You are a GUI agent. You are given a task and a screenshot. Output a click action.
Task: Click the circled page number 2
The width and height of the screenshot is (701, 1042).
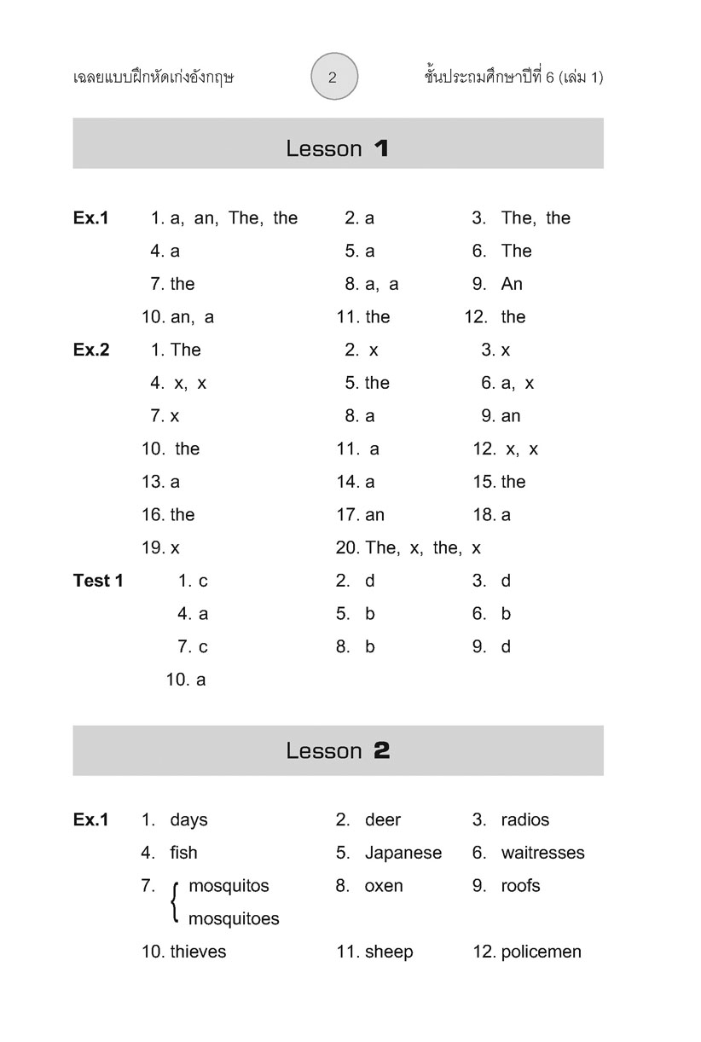point(333,77)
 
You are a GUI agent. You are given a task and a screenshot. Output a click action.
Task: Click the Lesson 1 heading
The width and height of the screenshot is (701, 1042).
point(338,148)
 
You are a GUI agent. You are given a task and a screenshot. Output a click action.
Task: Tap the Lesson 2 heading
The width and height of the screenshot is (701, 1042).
point(338,750)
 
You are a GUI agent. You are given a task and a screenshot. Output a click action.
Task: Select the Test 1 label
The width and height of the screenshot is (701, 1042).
point(98,581)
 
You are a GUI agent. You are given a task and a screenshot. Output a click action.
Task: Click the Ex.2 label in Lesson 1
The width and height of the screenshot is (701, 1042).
point(91,350)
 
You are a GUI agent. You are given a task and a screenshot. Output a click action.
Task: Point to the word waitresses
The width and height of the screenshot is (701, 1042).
point(542,853)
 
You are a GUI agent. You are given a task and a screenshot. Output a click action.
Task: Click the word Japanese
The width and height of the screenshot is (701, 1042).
point(403,853)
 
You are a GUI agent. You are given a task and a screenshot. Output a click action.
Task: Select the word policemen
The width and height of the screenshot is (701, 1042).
point(541,952)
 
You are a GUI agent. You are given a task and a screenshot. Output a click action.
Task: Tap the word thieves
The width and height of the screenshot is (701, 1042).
point(198,952)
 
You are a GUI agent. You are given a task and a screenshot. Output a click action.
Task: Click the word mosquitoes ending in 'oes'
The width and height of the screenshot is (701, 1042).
point(234,919)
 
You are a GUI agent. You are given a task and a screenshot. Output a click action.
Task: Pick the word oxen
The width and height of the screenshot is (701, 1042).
point(383,886)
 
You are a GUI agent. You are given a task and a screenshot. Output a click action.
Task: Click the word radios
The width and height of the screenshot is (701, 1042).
point(524,819)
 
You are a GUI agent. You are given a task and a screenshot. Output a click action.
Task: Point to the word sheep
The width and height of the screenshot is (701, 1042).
point(389,952)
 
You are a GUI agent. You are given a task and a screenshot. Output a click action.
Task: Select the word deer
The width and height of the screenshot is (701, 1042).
point(382,819)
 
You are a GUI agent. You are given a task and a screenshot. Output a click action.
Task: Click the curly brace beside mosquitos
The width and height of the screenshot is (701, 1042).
point(175,902)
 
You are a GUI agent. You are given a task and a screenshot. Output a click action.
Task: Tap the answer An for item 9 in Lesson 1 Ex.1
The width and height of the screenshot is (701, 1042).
point(512,284)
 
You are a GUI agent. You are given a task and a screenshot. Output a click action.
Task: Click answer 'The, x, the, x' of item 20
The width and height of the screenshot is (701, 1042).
point(423,547)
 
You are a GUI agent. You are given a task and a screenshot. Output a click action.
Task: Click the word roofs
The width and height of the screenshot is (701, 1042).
point(520,886)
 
